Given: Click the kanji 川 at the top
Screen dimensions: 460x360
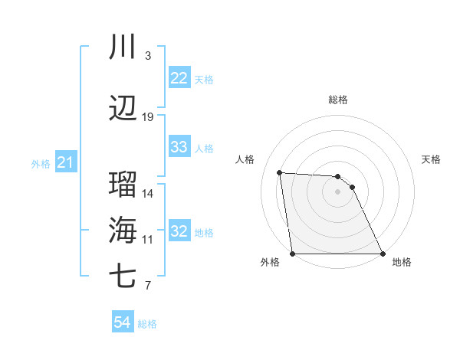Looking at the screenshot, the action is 123,47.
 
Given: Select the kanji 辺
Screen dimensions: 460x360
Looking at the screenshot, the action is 123,109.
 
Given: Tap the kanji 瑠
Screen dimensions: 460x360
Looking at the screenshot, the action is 123,185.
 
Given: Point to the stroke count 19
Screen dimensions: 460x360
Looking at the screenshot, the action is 148,117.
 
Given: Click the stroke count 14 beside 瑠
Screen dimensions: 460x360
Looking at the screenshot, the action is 148,194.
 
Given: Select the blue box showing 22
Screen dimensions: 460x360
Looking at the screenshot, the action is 179,78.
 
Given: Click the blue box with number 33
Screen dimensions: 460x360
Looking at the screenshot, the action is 179,147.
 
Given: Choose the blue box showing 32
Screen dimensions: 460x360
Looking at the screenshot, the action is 179,231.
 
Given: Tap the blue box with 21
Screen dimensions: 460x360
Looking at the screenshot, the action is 65,162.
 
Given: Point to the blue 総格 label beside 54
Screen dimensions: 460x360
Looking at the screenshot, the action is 147,324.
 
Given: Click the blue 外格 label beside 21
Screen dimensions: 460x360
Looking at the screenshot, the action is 41,163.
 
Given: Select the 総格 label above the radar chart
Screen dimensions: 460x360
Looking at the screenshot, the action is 338,100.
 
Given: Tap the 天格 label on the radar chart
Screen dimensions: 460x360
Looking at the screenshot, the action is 431,159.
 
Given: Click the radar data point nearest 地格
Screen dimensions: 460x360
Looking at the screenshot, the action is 382,254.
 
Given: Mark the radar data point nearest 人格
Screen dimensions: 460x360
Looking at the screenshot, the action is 280,172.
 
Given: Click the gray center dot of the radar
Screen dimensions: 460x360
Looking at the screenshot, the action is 338,191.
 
